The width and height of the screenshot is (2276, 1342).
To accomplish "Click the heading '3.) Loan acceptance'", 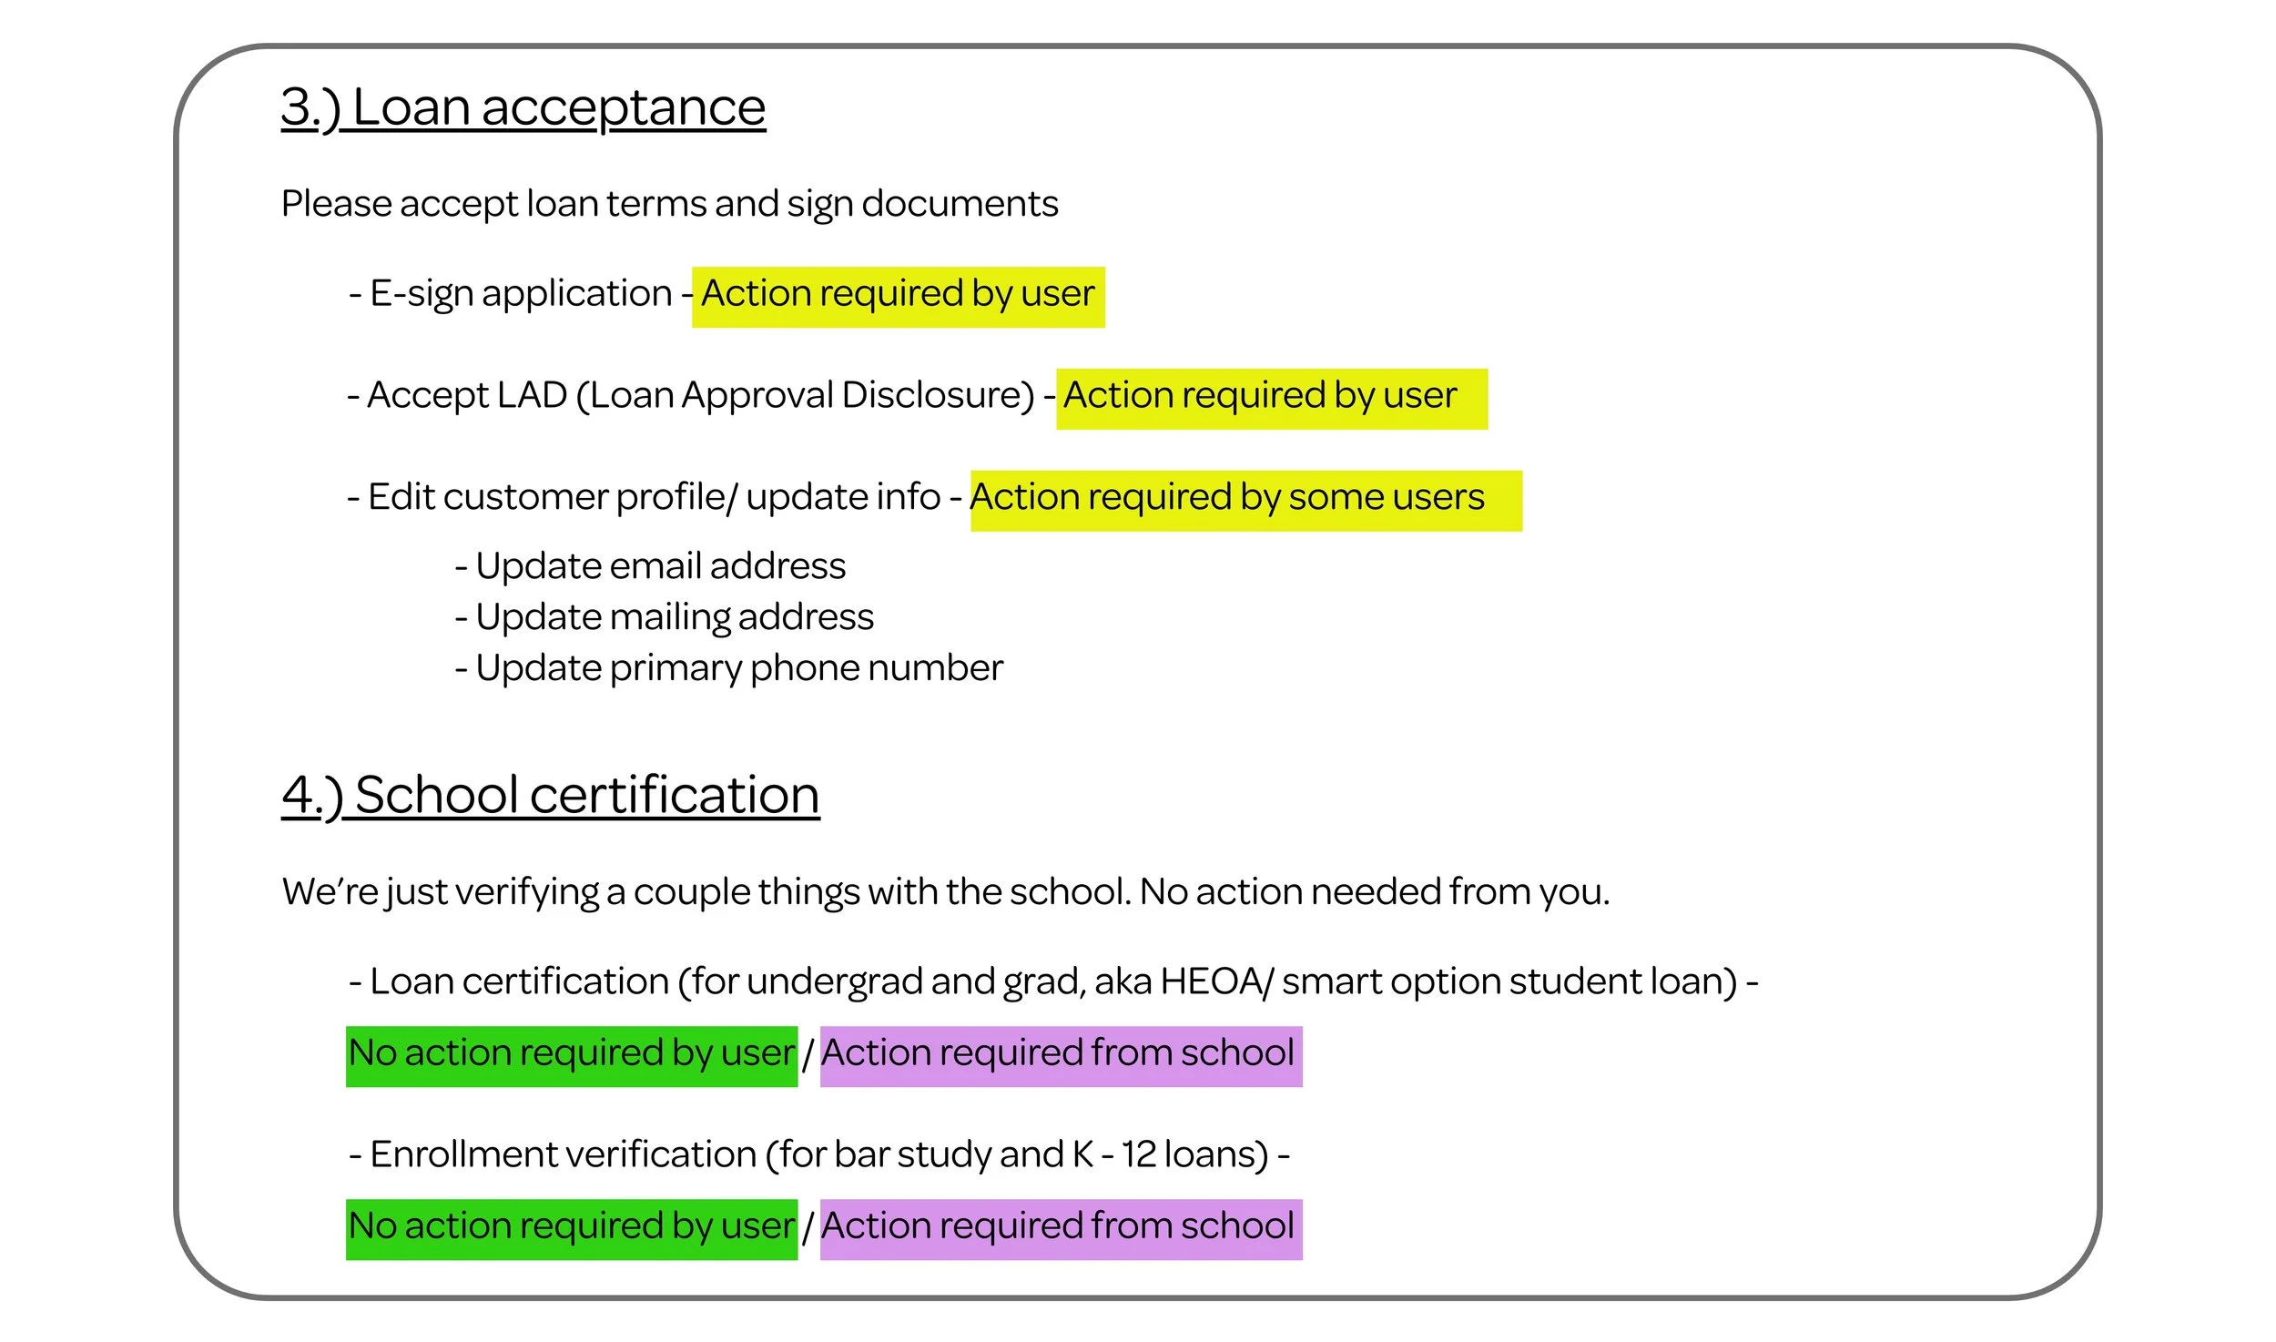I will (523, 107).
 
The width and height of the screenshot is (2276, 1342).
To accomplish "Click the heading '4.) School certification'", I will (550, 795).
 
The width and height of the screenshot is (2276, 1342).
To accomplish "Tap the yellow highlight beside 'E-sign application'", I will (898, 296).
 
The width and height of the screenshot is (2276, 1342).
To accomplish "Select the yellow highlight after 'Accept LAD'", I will (1271, 398).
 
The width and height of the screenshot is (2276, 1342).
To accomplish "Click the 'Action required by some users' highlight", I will (1245, 500).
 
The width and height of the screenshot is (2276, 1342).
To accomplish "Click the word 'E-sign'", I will (421, 294).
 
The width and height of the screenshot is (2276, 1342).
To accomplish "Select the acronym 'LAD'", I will (532, 396).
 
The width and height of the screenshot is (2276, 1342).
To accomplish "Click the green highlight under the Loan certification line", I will (571, 1056).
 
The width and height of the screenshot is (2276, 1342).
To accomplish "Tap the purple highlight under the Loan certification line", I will (1060, 1056).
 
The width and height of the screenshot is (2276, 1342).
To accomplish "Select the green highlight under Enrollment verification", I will (571, 1229).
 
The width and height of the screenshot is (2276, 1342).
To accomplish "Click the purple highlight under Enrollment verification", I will (1060, 1229).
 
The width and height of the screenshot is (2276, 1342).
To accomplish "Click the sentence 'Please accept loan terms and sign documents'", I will (669, 204).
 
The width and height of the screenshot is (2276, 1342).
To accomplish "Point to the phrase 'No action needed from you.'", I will (1375, 892).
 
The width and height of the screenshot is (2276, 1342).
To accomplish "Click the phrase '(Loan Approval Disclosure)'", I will (806, 396).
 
